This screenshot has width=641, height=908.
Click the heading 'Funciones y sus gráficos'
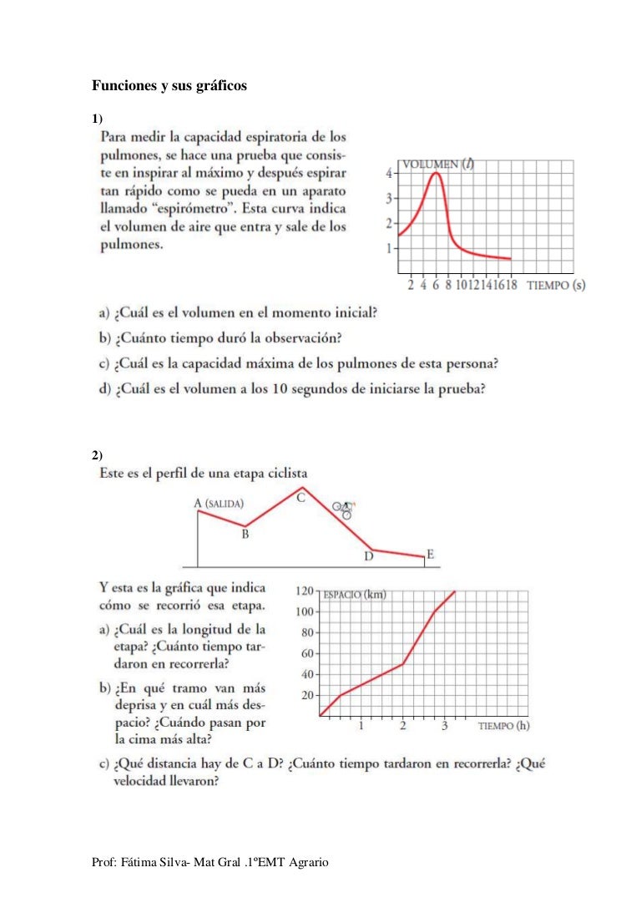coord(169,86)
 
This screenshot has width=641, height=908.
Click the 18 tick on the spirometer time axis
coord(509,286)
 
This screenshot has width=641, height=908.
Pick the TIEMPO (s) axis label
coord(556,286)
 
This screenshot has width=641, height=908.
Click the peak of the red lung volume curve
coord(436,173)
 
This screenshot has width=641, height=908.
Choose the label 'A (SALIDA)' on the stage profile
coord(219,503)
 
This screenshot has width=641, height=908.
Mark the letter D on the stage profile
coord(368,558)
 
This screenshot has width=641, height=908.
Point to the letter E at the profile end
coord(430,553)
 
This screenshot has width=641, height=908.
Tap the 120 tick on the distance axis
coord(304,591)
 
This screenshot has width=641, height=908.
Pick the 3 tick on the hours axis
coord(445,726)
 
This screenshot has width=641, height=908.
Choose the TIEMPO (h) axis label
coord(503,726)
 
